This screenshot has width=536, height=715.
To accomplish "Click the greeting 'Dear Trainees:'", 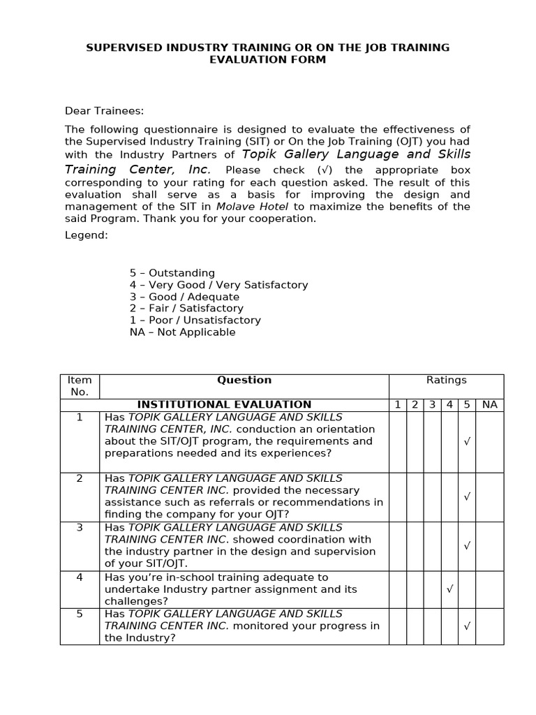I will click(x=104, y=110).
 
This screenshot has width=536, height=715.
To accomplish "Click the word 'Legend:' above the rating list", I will click(x=87, y=235).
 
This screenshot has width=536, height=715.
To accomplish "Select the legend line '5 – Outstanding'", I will click(x=172, y=273).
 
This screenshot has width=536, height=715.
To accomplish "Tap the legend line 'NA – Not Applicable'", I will click(x=183, y=332).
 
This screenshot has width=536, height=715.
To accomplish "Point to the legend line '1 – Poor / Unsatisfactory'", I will click(x=195, y=320).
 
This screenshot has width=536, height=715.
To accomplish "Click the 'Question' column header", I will click(x=244, y=381).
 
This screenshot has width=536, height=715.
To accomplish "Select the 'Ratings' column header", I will click(x=446, y=381).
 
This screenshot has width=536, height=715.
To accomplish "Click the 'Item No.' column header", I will click(x=80, y=386).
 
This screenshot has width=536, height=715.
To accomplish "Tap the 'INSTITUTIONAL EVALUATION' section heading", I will click(x=224, y=404).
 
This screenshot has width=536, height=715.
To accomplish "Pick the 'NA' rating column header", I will click(x=490, y=405).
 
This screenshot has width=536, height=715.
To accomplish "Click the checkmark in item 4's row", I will click(x=449, y=589).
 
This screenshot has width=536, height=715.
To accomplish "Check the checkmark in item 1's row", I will click(x=467, y=441).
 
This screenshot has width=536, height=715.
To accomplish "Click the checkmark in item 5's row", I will click(x=467, y=626).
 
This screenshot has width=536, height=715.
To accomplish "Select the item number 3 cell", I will click(x=80, y=528).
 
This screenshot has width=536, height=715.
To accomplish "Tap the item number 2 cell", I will click(x=80, y=478).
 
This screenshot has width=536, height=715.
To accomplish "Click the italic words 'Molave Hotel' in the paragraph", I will click(x=253, y=207).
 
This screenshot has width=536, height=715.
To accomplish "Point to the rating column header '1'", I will click(x=397, y=405).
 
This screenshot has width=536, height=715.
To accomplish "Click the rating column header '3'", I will click(x=432, y=405).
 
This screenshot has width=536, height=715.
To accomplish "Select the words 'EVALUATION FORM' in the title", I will click(x=268, y=60).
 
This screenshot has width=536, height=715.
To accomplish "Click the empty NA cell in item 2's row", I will click(x=490, y=496).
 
